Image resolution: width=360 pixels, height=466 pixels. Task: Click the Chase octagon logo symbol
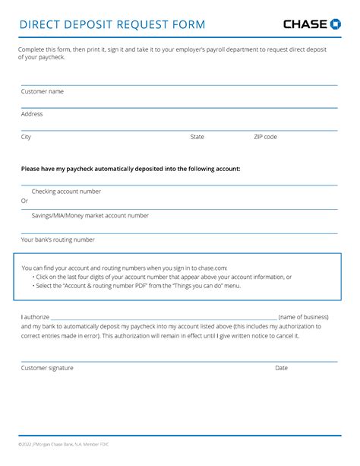[x=335, y=24]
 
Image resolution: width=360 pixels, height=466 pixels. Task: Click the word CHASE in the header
[x=306, y=24]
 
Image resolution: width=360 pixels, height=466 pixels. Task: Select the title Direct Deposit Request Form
[x=112, y=25]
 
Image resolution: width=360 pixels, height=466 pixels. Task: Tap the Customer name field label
[x=42, y=91]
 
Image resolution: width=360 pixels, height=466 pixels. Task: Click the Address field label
[x=32, y=114]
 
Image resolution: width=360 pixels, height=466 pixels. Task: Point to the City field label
[x=26, y=137]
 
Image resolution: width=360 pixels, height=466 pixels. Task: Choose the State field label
[x=197, y=137]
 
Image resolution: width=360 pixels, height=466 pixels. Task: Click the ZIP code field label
[x=265, y=137]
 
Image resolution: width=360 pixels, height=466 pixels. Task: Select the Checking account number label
[x=66, y=192]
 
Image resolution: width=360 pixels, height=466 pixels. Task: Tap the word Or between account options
[x=24, y=201]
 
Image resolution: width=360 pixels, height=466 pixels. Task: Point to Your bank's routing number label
[x=58, y=239]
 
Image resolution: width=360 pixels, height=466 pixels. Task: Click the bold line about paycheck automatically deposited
[x=130, y=169]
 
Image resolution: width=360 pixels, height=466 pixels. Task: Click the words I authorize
[x=34, y=316]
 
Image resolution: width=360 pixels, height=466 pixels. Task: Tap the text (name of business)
[x=303, y=316]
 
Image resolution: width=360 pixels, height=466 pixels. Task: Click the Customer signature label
[x=47, y=368]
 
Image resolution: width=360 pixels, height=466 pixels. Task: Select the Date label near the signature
[x=281, y=368]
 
